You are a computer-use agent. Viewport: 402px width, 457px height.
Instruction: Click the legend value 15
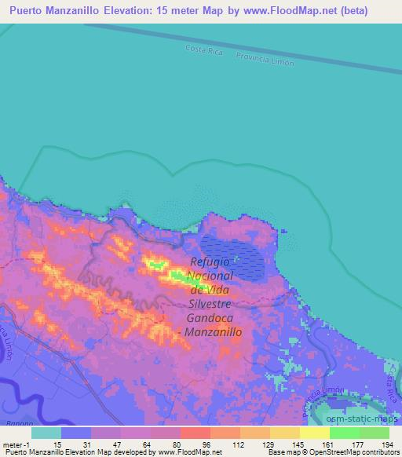pos(57,444)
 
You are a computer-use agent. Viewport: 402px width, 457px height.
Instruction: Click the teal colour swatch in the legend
pos(46,432)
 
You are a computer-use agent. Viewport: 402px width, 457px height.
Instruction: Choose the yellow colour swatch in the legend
pos(314,432)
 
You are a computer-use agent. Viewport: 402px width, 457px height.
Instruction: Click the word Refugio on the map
pos(212,264)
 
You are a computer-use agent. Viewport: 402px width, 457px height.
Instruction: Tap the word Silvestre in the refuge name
pos(213,305)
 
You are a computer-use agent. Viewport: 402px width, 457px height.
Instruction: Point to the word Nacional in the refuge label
pos(212,277)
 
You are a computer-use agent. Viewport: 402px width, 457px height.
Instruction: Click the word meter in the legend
pos(13,444)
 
